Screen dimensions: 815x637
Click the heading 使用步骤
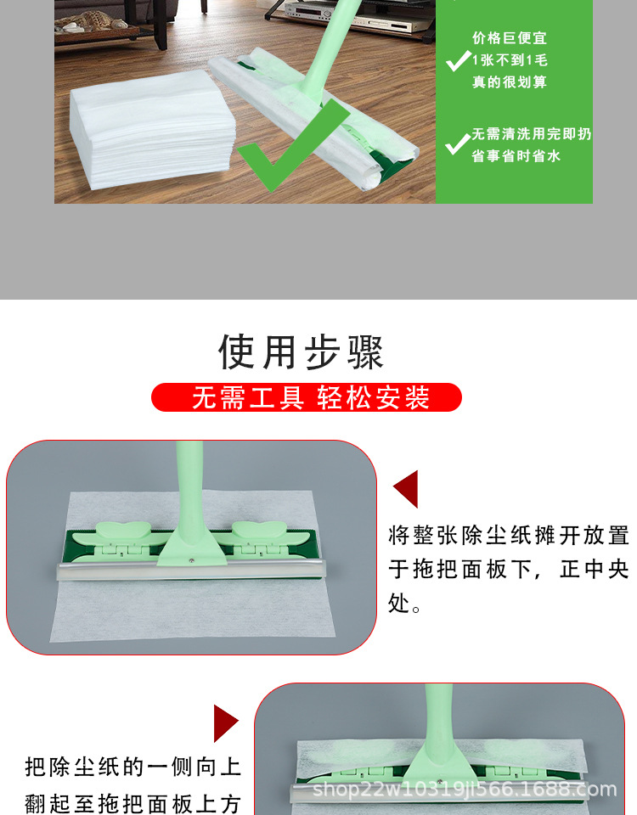pos(302,351)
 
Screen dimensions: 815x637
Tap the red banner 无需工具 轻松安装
pos(307,397)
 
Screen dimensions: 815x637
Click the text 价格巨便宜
pos(510,38)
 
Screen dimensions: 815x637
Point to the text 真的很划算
pos(510,82)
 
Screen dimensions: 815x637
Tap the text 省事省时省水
pos(516,156)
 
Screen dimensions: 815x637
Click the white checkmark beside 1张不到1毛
pos(459,60)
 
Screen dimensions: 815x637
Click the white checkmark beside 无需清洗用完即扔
pos(458,143)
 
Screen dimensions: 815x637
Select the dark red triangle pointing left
pos(407,490)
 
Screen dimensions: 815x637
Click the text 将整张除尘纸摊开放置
pos(508,536)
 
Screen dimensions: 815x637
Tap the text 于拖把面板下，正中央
pos(508,570)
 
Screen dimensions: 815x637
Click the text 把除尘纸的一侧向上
pos(133,768)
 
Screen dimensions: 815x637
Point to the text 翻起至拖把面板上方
pos(133,802)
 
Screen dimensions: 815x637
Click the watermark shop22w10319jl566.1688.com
pos(465,790)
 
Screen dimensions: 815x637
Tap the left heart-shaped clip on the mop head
pos(120,533)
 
